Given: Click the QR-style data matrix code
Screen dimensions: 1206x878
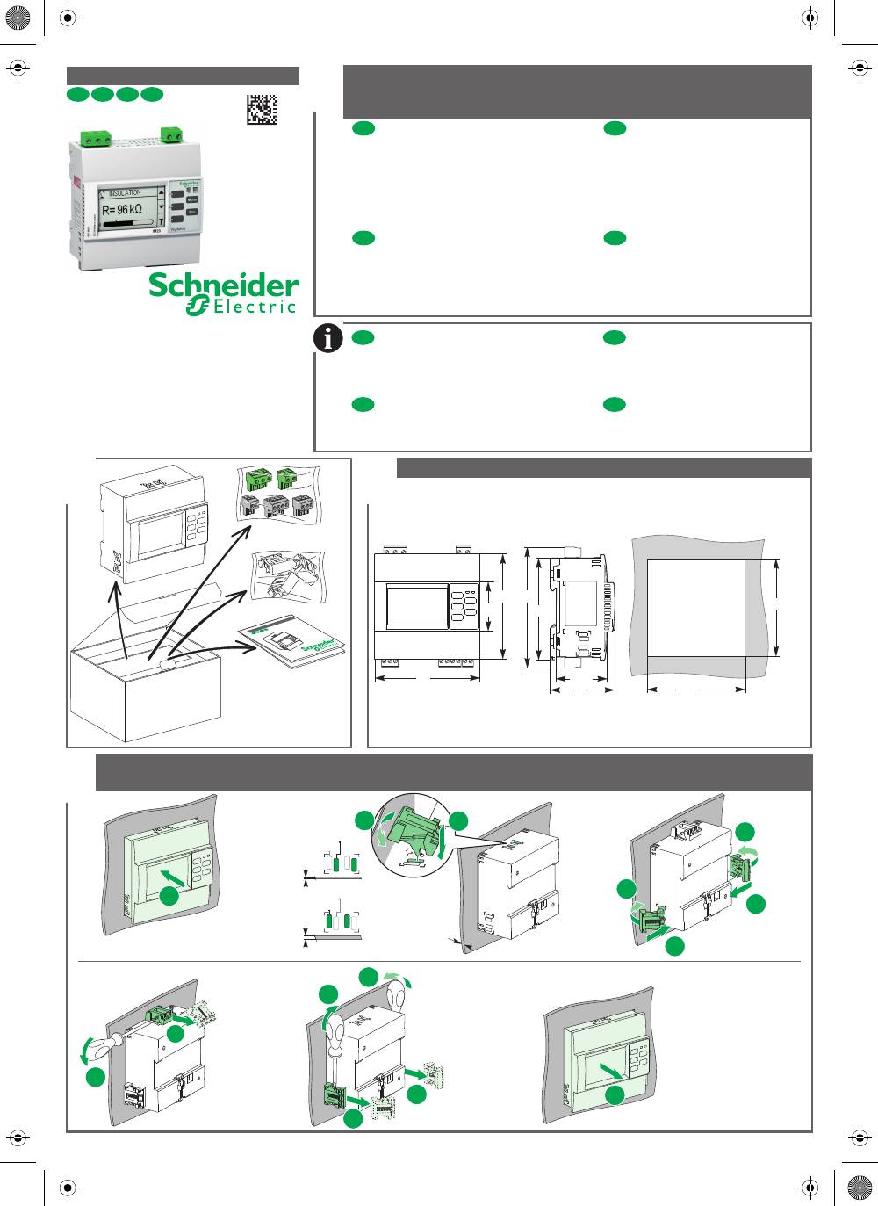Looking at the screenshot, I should [x=262, y=109].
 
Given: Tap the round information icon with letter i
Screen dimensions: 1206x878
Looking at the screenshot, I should [x=328, y=338].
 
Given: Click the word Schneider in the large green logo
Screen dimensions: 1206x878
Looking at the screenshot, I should [x=223, y=285].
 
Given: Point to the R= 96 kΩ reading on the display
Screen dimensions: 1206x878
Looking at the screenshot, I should [x=121, y=210].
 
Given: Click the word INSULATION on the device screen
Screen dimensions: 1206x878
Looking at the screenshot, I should [x=124, y=192].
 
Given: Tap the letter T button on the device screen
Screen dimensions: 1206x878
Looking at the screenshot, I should [x=161, y=222].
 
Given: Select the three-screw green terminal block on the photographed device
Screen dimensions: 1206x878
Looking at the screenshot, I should [x=96, y=137].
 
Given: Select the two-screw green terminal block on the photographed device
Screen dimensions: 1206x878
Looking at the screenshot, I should [x=172, y=134].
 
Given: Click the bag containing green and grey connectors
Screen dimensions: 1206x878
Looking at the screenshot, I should [x=278, y=495].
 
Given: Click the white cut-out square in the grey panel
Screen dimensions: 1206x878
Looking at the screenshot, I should [x=695, y=606].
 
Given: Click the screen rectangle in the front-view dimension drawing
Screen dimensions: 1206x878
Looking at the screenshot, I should [x=417, y=606].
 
